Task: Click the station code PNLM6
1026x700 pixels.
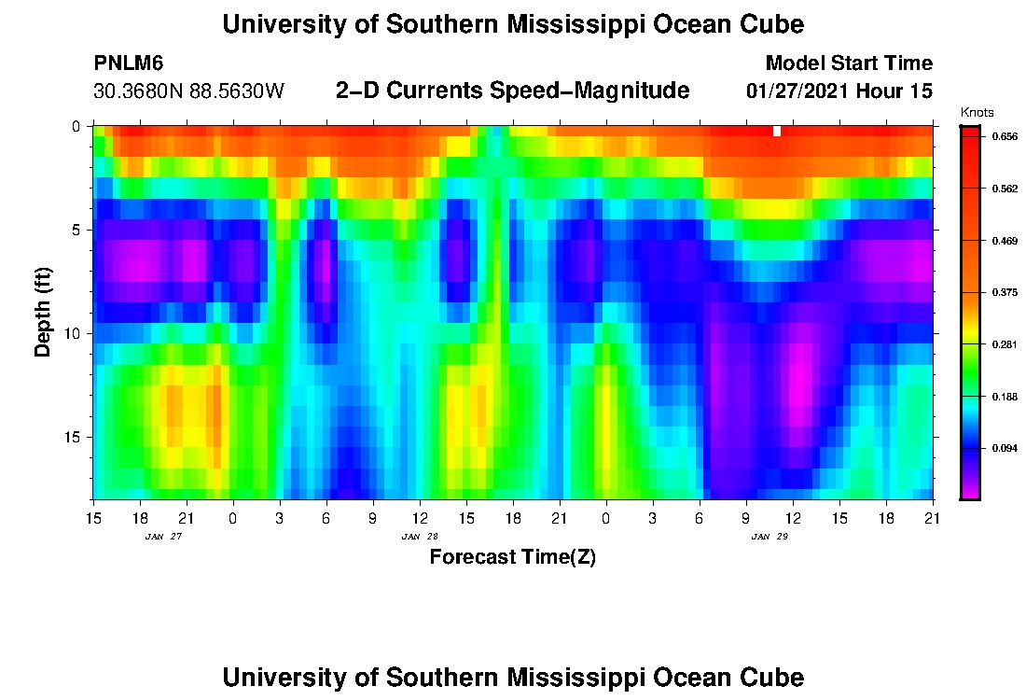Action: coord(129,63)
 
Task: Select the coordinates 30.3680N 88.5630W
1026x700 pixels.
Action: coord(188,91)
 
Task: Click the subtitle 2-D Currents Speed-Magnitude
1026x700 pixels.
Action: coord(512,91)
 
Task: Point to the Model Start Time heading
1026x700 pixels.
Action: coord(848,63)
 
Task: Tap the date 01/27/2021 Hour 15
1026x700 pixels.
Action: coord(839,91)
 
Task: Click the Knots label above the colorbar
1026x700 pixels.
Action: coord(977,112)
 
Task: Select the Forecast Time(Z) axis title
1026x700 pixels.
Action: coord(512,557)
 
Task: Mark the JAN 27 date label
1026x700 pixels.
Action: coord(162,537)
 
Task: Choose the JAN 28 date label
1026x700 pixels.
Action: coord(419,537)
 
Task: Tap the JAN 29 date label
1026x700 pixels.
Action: coord(769,537)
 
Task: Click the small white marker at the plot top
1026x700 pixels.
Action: coord(777,131)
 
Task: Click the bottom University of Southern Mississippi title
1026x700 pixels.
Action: coord(512,678)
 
